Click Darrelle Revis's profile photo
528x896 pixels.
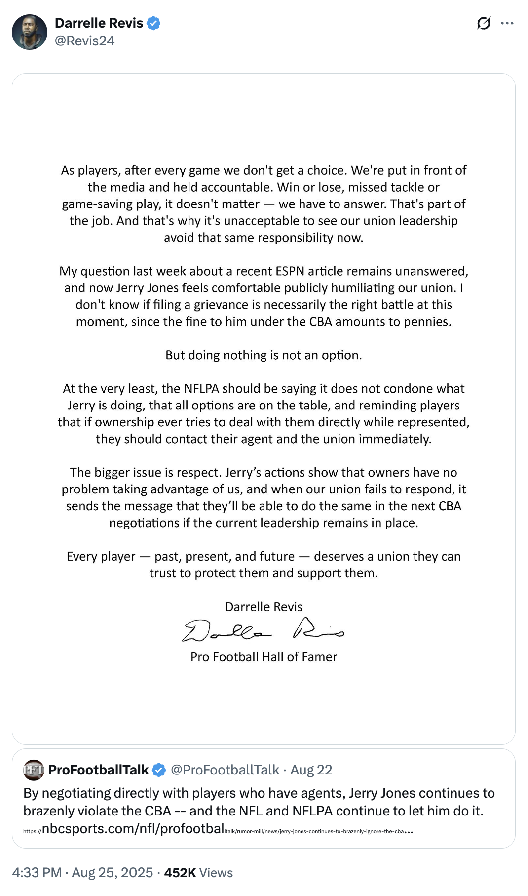point(29,32)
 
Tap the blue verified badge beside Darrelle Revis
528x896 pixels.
point(154,23)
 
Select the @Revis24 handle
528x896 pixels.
point(84,41)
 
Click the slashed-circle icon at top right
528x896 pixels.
point(484,23)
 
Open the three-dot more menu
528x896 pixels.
point(507,23)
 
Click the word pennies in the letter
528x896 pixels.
point(427,322)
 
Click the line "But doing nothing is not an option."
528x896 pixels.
point(264,355)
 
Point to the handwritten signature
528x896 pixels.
point(264,630)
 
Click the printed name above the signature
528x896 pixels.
point(264,607)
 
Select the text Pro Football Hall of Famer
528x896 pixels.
point(264,657)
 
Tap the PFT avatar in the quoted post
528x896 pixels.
point(34,770)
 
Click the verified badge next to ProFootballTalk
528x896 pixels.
point(159,770)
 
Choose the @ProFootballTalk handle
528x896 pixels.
point(225,770)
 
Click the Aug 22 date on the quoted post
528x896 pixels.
point(311,770)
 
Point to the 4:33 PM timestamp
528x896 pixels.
point(37,873)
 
